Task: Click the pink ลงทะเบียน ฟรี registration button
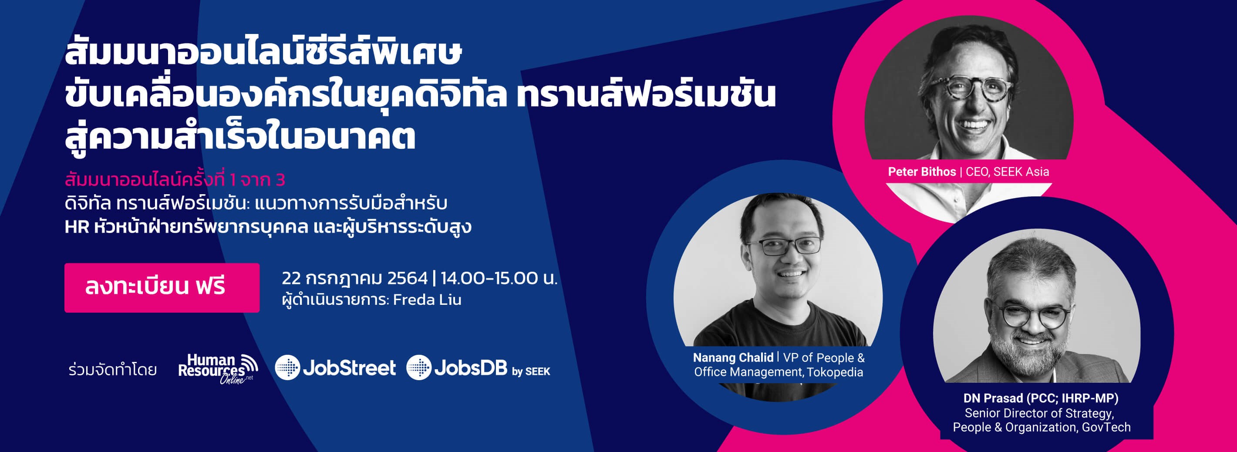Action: click(162, 288)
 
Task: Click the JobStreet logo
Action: click(336, 368)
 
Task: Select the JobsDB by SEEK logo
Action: click(478, 368)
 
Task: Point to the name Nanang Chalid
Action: click(733, 358)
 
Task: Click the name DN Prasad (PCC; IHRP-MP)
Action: click(1041, 398)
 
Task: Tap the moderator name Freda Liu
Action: click(428, 300)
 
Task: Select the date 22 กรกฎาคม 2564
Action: click(354, 278)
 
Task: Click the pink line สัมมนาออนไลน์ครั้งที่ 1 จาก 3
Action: click(175, 180)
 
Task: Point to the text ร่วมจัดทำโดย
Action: click(113, 370)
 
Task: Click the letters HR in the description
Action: click(77, 227)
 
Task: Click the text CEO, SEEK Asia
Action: click(1008, 172)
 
